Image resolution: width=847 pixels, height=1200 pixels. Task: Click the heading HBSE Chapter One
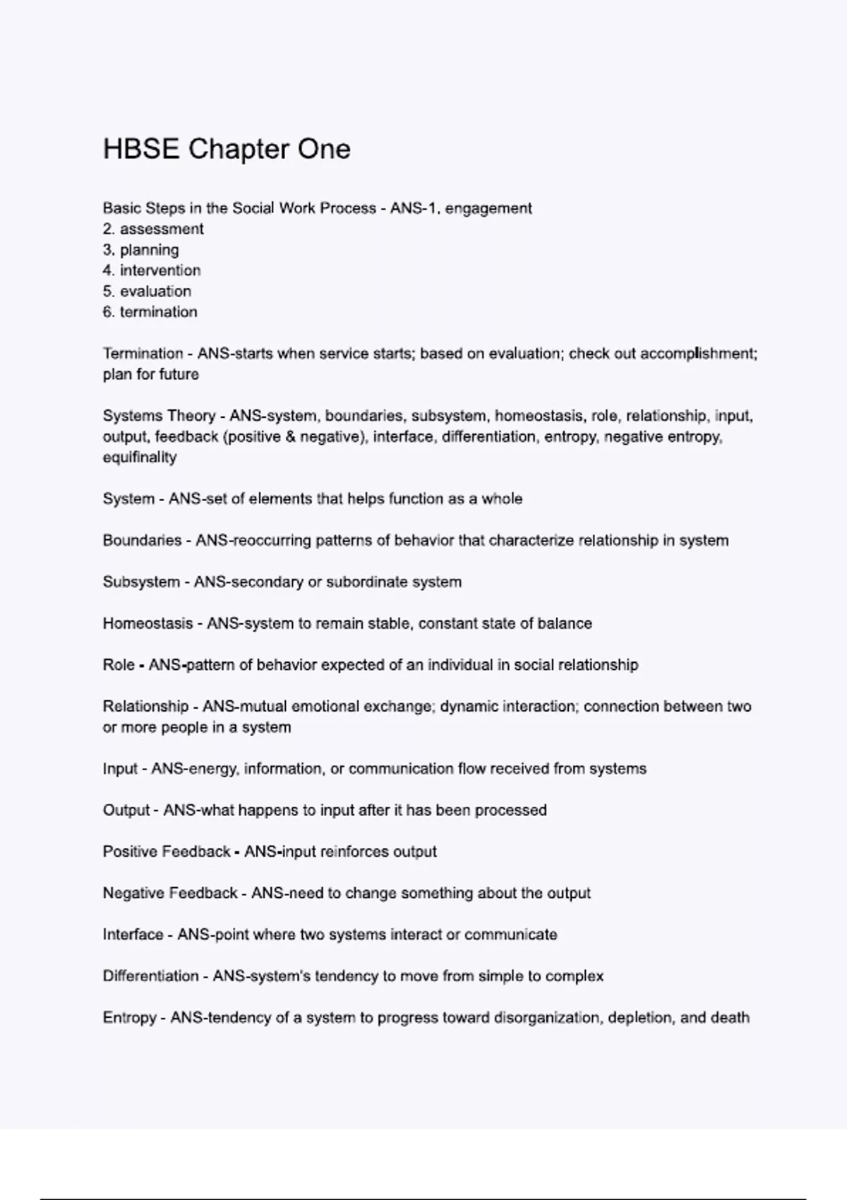(x=227, y=150)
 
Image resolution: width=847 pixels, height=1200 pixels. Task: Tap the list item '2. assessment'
(x=153, y=229)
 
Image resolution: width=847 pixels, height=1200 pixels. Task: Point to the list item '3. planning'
(x=140, y=250)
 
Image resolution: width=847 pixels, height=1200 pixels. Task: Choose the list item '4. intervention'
(x=152, y=270)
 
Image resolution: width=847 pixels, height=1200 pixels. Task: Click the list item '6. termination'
(x=150, y=312)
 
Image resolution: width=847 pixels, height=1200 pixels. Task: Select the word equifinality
(x=140, y=457)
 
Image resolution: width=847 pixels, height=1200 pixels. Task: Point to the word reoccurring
(x=270, y=541)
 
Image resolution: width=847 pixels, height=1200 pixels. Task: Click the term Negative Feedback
(x=170, y=894)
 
